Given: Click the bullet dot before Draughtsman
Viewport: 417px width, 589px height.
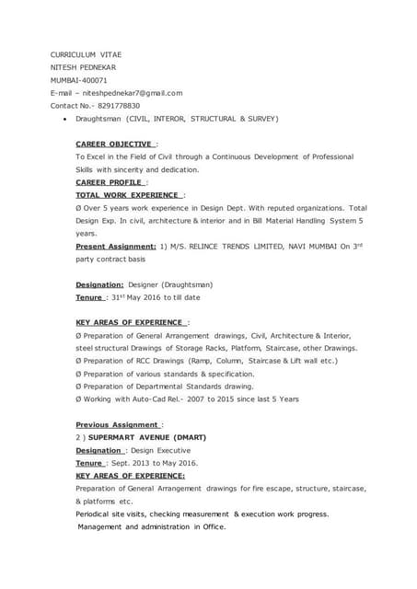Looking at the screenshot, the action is coord(62,119).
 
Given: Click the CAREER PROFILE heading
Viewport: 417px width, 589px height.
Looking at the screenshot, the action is coord(110,183).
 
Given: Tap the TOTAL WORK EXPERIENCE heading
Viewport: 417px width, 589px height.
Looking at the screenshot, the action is coord(129,196).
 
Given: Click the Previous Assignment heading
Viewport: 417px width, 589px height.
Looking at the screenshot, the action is coord(117,424).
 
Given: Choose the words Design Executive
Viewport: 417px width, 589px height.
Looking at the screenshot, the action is coord(166,450).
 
